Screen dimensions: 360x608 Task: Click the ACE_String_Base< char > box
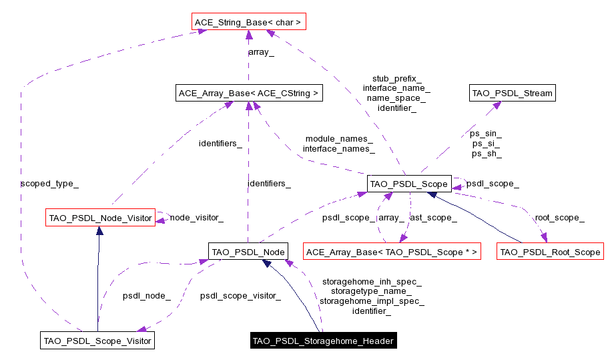point(248,23)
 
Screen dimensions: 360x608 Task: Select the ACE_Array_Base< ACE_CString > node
point(248,94)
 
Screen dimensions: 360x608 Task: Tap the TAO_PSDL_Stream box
point(513,94)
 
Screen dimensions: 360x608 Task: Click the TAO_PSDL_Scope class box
point(409,183)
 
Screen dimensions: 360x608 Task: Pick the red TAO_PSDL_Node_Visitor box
point(99,217)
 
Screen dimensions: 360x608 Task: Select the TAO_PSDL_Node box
point(248,252)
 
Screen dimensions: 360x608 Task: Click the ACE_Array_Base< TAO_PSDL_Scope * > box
point(392,252)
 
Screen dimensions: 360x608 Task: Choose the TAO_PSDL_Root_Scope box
point(551,252)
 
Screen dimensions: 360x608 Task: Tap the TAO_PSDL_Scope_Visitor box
point(97,341)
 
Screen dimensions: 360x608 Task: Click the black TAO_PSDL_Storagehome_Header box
point(323,341)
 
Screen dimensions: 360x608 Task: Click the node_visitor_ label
point(196,217)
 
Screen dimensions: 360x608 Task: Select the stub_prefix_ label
point(396,78)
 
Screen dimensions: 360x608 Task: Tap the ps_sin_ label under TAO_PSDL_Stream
point(487,134)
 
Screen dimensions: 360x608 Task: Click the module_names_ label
point(339,138)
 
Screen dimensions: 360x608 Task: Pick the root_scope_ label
point(559,217)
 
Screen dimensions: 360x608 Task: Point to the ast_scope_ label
point(432,217)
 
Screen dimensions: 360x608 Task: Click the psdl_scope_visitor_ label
point(240,295)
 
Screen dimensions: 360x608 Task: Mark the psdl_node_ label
point(146,295)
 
